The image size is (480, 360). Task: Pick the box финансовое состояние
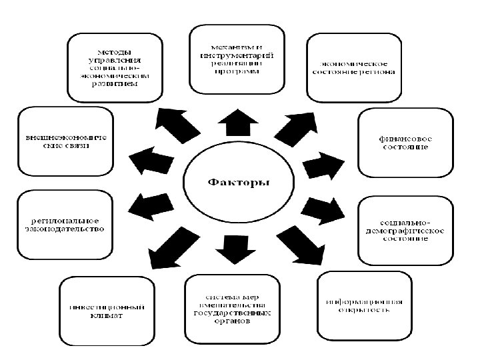[x=405, y=142]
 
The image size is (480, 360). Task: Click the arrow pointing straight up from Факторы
[x=238, y=124]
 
